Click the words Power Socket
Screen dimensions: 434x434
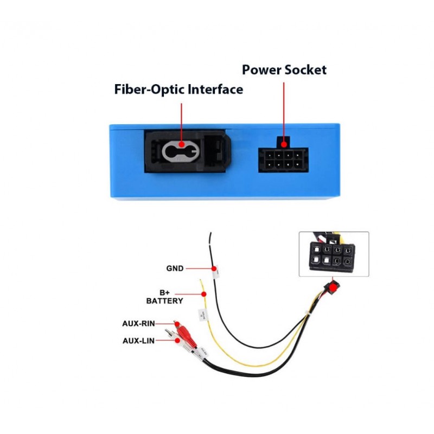284,70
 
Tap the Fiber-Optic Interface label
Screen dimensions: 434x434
178,90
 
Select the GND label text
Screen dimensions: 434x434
175,268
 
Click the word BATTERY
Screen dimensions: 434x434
164,301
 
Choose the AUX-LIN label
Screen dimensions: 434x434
138,341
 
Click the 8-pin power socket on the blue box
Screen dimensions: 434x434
283,160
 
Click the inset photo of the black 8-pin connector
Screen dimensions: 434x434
334,254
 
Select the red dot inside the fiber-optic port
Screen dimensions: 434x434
181,146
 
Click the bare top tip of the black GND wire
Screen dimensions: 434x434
210,236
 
